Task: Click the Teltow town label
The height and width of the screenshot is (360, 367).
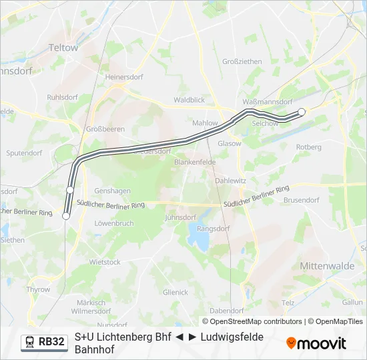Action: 64,48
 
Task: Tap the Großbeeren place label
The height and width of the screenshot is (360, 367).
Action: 101,129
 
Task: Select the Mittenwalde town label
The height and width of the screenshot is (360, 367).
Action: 327,265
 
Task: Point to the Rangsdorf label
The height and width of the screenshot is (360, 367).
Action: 214,228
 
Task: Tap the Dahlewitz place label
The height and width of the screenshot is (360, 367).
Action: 231,181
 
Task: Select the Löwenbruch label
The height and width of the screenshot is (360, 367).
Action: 114,223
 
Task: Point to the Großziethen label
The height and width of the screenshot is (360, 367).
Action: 242,61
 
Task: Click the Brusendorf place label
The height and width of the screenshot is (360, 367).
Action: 302,199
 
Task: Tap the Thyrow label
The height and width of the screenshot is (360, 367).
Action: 38,289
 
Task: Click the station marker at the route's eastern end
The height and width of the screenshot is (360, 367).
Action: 302,112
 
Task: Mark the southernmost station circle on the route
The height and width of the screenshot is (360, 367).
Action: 66,215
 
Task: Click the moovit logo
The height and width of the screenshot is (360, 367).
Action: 316,343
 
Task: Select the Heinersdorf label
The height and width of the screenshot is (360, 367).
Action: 124,77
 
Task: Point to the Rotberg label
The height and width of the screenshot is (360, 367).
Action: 308,147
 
